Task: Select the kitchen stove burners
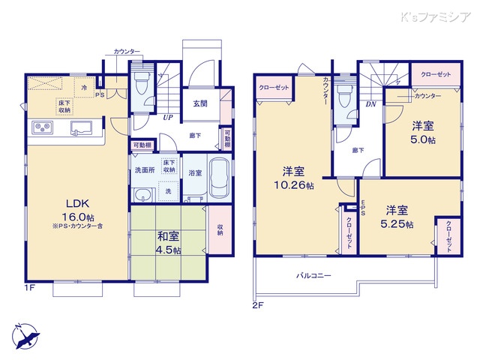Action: (42, 130)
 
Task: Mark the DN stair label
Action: (370, 104)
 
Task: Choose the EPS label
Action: (363, 209)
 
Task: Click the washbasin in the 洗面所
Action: (142, 195)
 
